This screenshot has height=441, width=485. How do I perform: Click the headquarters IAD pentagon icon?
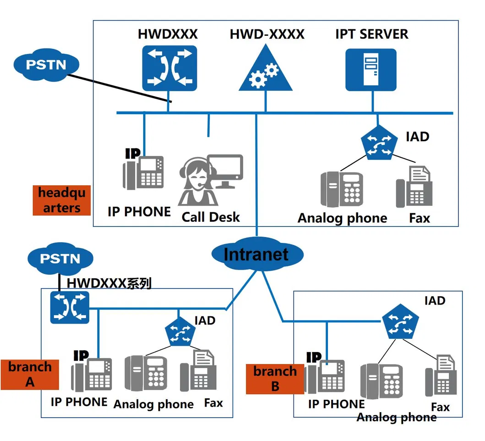(377, 143)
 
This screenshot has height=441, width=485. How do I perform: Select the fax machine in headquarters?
(414, 187)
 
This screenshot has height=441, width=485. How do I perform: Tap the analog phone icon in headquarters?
(342, 189)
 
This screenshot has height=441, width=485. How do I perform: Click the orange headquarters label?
(62, 200)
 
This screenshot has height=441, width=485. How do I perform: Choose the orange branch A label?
(30, 374)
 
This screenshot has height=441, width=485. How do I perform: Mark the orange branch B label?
(275, 379)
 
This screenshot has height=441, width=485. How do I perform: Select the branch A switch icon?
(70, 307)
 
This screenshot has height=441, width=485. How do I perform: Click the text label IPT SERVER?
(371, 34)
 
